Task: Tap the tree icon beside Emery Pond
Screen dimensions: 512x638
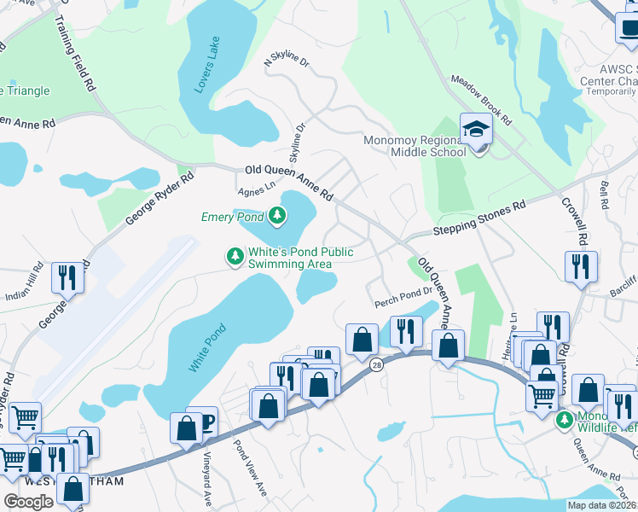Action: pyautogui.click(x=277, y=218)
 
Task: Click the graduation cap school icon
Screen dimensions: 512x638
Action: pyautogui.click(x=476, y=130)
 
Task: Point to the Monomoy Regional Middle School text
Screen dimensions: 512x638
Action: pyautogui.click(x=415, y=146)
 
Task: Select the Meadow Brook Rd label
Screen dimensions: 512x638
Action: pyautogui.click(x=481, y=101)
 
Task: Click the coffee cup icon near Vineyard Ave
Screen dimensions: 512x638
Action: pyautogui.click(x=202, y=421)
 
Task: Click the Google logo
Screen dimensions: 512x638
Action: pyautogui.click(x=29, y=501)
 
